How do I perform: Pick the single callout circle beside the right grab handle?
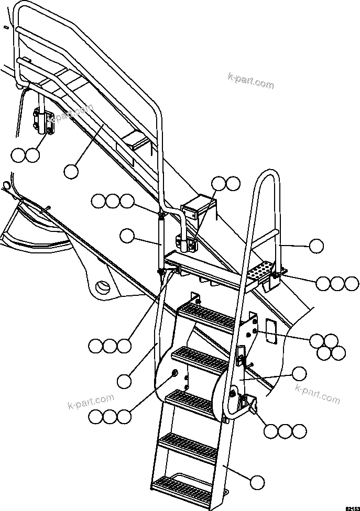coord(316,245)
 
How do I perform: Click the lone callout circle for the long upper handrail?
coord(72,170)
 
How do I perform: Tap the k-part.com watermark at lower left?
coord(91,402)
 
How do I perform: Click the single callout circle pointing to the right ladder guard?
coord(299,373)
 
